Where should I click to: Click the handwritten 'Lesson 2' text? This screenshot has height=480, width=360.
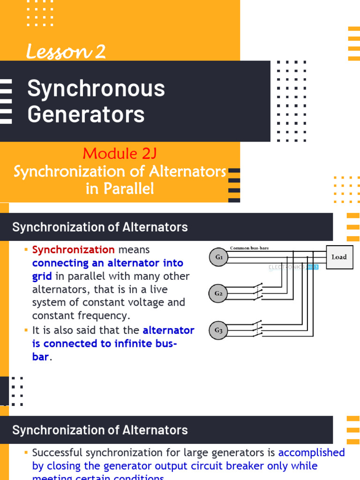coord(66,52)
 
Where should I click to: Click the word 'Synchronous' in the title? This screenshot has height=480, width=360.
coord(96,89)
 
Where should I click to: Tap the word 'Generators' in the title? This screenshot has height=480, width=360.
coord(86,114)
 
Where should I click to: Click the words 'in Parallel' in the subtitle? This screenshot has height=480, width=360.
coord(120,189)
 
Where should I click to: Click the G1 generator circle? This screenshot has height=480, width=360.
coord(218,257)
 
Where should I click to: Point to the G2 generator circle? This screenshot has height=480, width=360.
coord(218,294)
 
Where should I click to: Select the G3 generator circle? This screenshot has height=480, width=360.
coord(218,330)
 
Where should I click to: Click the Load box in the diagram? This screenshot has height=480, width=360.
coord(338,257)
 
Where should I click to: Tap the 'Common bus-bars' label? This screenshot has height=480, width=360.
coord(249,248)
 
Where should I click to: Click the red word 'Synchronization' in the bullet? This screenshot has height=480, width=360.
coord(73,250)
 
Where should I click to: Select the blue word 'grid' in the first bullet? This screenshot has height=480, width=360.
coord(42,276)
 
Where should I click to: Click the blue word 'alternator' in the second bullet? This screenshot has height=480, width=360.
coord(168,330)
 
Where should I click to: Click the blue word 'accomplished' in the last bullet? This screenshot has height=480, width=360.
coord(311,452)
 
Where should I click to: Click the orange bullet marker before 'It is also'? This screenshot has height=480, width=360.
coord(26,330)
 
